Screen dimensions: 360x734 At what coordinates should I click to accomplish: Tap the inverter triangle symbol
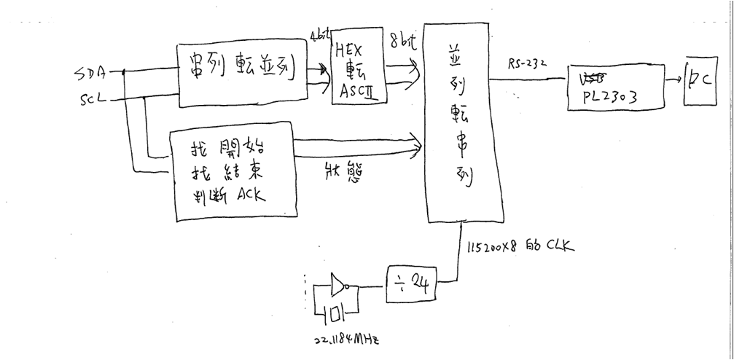pos(339,285)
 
